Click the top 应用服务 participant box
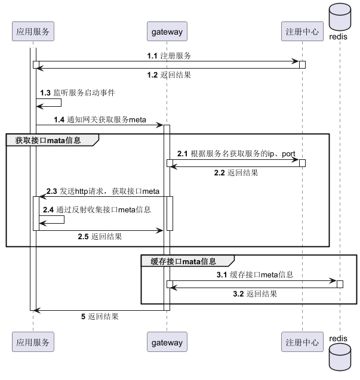click(x=33, y=30)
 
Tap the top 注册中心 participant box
click(x=302, y=30)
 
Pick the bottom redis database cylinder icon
click(x=339, y=360)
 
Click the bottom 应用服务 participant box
click(x=33, y=342)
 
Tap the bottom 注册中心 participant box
click(x=302, y=342)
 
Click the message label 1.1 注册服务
click(x=169, y=55)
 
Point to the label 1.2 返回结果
click(x=170, y=75)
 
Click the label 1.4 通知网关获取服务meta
click(x=100, y=120)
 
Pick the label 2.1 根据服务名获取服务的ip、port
click(x=236, y=154)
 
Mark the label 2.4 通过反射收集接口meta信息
click(x=95, y=209)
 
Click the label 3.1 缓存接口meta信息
click(x=254, y=275)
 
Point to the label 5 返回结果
click(x=100, y=317)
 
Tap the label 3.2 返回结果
click(x=254, y=294)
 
